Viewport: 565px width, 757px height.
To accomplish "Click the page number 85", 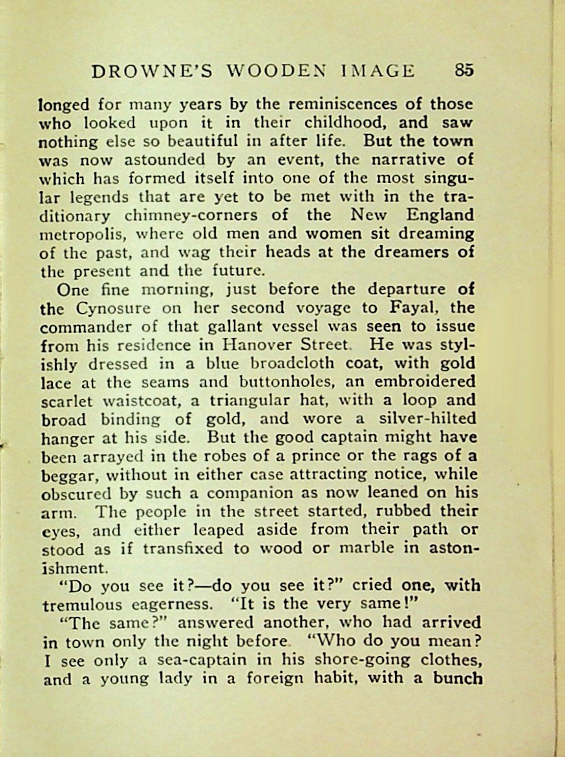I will [464, 70].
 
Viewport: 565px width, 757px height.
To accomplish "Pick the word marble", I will [356, 549].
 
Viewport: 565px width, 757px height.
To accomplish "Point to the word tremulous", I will [82, 605].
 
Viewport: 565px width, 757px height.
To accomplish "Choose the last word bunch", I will [458, 678].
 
